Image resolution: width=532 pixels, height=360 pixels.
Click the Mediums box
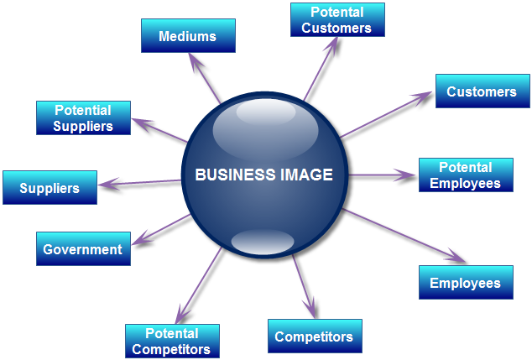point(188,36)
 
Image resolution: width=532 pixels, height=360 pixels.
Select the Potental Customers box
point(336,20)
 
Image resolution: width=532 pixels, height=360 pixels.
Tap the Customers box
point(482,91)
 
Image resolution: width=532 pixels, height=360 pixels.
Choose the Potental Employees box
point(465,175)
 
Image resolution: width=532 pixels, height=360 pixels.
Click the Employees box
point(465,283)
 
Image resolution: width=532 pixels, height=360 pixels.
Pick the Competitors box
point(314,337)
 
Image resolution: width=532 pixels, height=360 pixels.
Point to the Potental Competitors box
point(171,342)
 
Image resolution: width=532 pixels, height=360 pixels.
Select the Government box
point(82,249)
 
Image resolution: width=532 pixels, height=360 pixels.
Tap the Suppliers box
point(50,188)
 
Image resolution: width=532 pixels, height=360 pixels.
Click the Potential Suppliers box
point(84,118)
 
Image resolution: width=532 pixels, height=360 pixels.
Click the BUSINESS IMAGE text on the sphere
point(263,175)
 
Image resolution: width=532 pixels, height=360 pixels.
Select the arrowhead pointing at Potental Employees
point(409,175)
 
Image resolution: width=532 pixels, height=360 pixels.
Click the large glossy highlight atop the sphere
point(264,126)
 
